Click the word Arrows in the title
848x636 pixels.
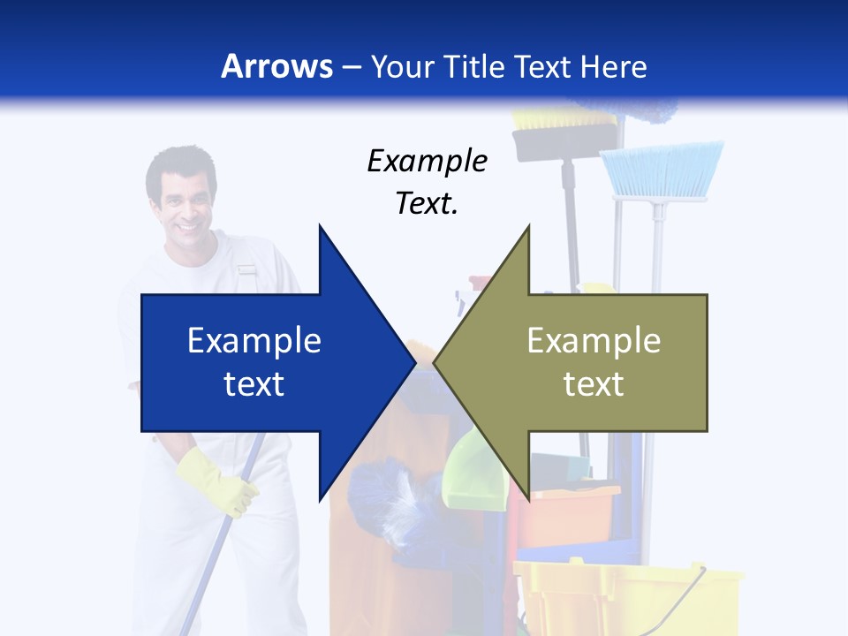(x=276, y=66)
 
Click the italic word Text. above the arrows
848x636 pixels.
(x=427, y=203)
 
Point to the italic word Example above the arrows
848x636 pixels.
(x=427, y=161)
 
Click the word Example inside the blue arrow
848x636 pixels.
(x=254, y=341)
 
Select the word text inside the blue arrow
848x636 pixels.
(x=254, y=384)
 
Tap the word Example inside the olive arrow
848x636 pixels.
(x=594, y=341)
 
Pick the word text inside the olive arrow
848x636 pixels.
(x=594, y=384)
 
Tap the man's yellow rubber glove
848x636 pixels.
(x=218, y=481)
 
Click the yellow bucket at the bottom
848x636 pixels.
(x=627, y=596)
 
